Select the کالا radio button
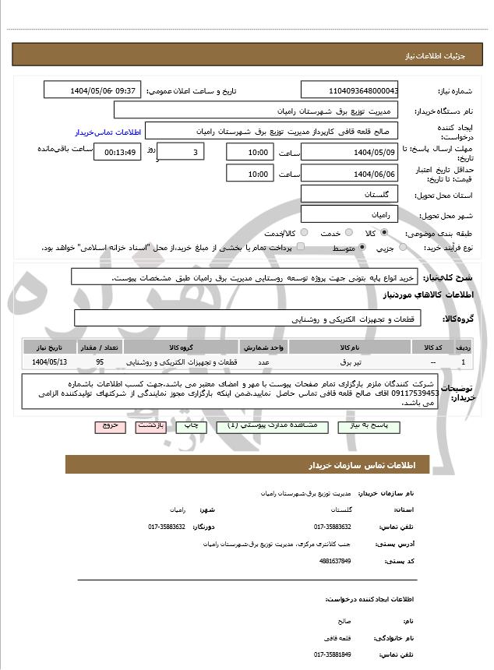[x=383, y=233]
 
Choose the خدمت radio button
[x=348, y=233]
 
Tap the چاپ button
[x=188, y=427]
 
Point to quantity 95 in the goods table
[x=100, y=362]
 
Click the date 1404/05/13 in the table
[x=50, y=362]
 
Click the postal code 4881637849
[x=335, y=561]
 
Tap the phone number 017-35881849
[x=333, y=654]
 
